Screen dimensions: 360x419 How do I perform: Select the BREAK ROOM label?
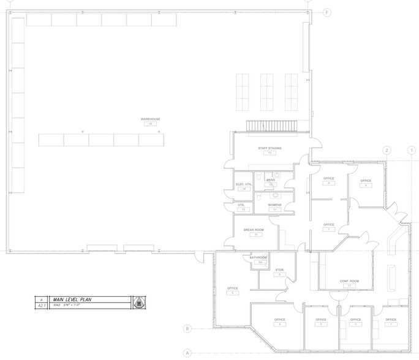[x=253, y=230]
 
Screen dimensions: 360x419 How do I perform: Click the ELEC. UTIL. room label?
[x=244, y=184]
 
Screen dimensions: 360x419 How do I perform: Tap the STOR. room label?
[x=279, y=269]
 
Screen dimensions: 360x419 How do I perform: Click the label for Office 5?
[x=232, y=288]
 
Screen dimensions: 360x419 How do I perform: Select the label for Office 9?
[x=366, y=181]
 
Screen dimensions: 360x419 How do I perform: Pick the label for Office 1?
[x=390, y=320]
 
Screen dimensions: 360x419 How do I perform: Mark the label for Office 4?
[x=280, y=320]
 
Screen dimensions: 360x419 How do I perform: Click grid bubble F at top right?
[x=327, y=12]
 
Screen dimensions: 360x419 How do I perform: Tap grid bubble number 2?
[x=387, y=150]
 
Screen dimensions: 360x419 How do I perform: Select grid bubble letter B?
[x=188, y=329]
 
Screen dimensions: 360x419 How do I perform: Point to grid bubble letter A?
[x=188, y=352]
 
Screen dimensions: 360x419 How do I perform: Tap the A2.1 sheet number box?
[x=42, y=304]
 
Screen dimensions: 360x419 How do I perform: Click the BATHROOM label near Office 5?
[x=260, y=258]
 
